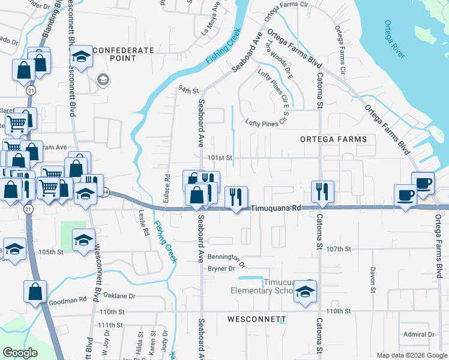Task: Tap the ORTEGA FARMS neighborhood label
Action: (333, 139)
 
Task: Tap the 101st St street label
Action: (219, 158)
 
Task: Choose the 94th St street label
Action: (188, 90)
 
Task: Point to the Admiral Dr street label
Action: (419, 334)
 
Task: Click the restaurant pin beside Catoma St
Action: (322, 192)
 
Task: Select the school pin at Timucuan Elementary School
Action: (306, 292)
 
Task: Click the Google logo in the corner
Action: (20, 353)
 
